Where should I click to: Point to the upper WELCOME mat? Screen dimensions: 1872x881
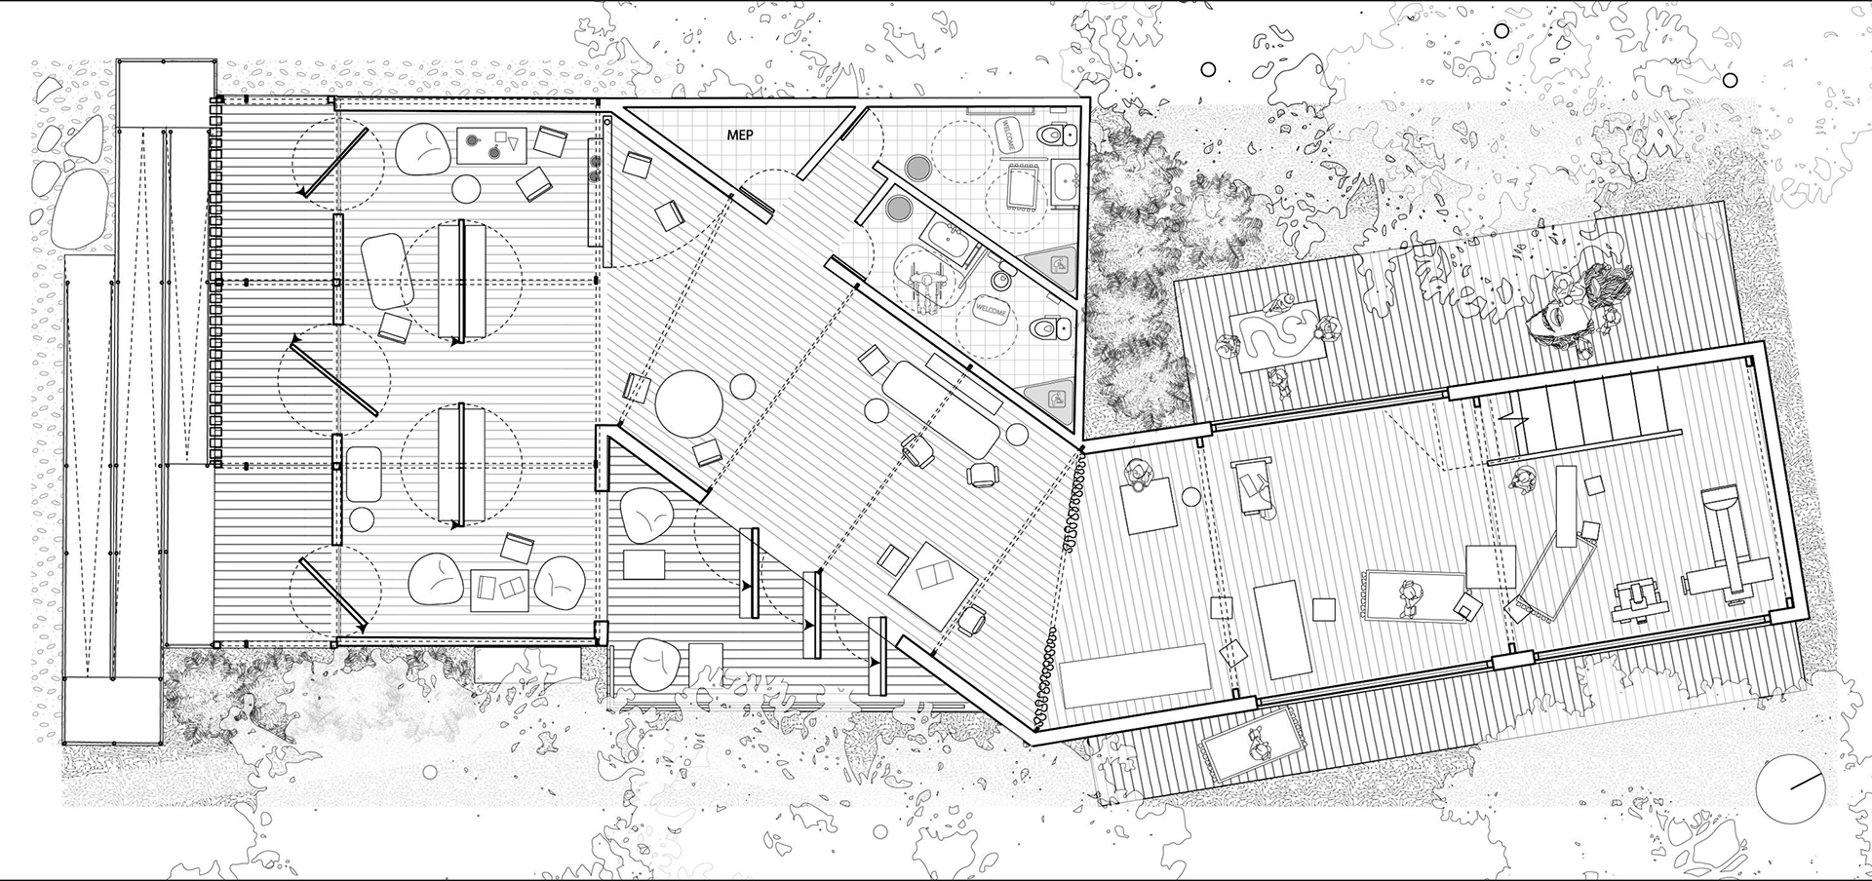(1007, 134)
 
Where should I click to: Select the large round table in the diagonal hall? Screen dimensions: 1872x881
(688, 403)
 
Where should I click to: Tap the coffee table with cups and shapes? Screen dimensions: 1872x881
(492, 146)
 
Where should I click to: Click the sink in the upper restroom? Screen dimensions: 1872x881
(1066, 182)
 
